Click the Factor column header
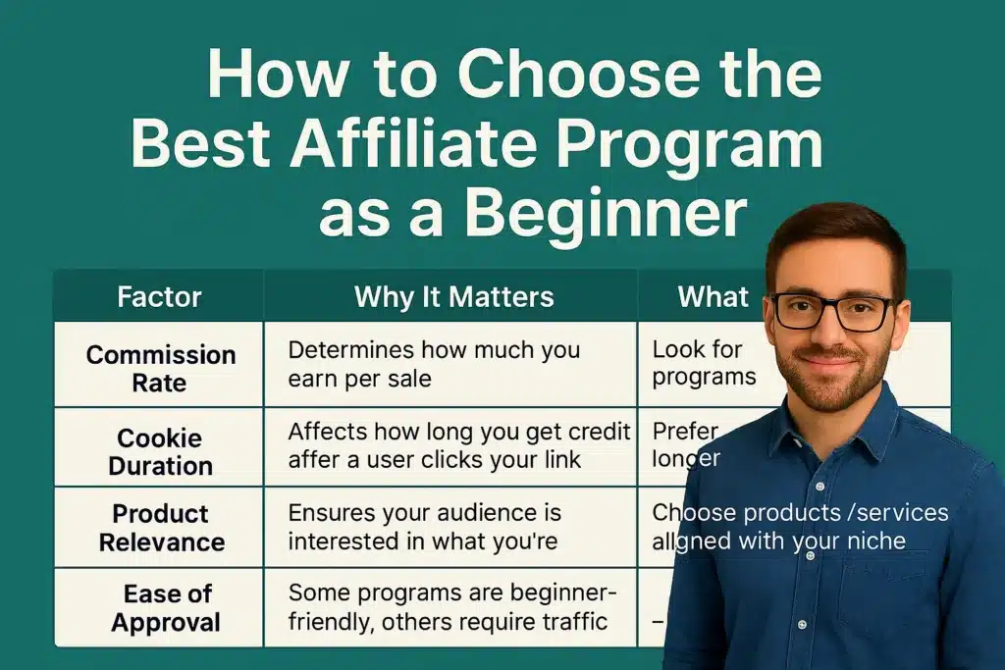click(x=159, y=297)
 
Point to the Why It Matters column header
click(x=453, y=297)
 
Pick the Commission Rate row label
click(x=160, y=367)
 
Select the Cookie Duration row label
click(x=159, y=451)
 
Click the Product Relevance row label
click(x=160, y=528)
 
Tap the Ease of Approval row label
click(x=160, y=608)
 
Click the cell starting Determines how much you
click(x=434, y=364)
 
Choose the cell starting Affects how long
click(x=458, y=444)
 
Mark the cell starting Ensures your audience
click(x=424, y=526)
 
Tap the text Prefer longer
click(x=687, y=444)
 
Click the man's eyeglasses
click(x=833, y=312)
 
